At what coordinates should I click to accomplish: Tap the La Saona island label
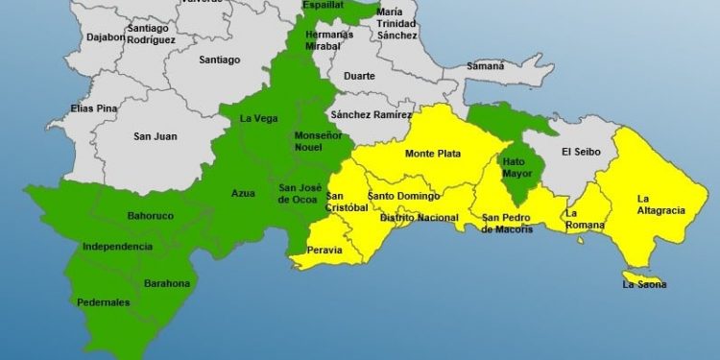tap(643, 284)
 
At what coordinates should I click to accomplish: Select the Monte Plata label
tap(432, 154)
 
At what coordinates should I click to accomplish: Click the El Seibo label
tap(581, 152)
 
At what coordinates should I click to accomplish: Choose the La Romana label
tap(585, 219)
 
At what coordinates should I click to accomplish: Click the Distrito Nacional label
tap(420, 218)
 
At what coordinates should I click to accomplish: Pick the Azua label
tap(244, 194)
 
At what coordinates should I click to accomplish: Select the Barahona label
tap(167, 284)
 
